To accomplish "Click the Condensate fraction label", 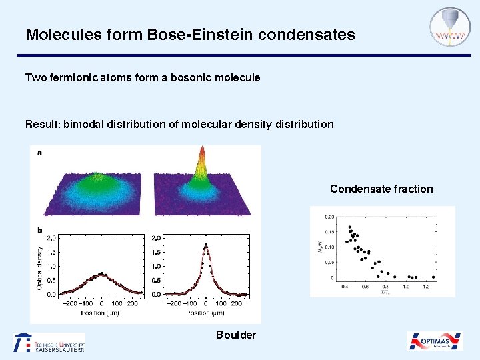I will (x=381, y=189).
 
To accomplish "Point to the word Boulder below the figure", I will (x=235, y=335).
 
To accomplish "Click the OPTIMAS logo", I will (x=435, y=341).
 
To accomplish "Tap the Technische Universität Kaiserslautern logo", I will (x=49, y=343).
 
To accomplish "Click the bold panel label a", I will (x=39, y=153).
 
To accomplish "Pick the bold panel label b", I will (x=39, y=231).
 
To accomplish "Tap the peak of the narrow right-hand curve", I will (x=206, y=245).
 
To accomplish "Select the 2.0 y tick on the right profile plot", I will (x=157, y=237).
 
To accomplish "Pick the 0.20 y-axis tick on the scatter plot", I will (x=329, y=217).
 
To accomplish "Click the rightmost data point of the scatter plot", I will (x=433, y=277).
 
